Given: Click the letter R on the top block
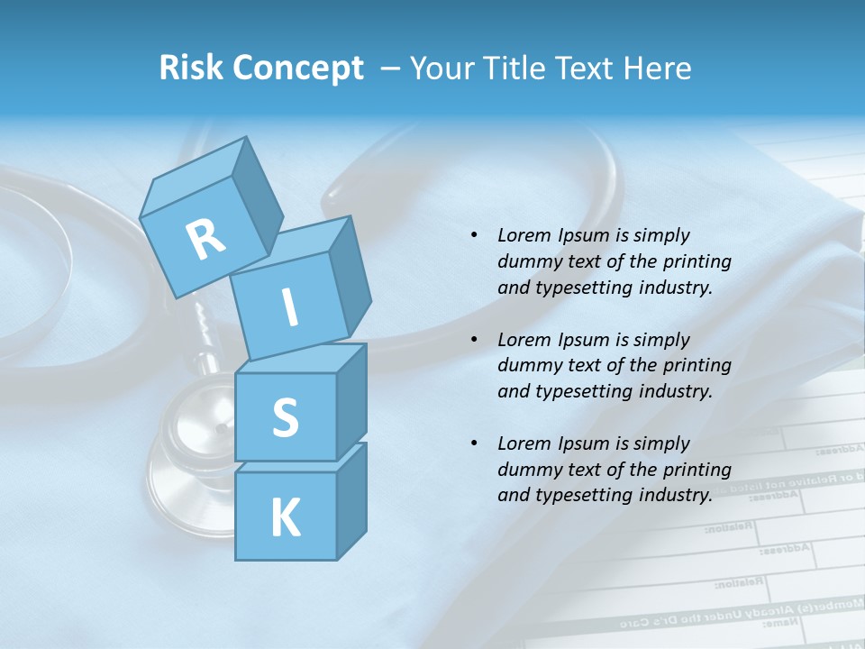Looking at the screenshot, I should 205,240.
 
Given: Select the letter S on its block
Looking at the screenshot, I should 285,418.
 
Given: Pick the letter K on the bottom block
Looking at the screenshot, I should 285,518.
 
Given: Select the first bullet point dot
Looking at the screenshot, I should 474,235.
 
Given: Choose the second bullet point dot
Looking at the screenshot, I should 474,340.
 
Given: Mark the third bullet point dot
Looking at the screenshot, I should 474,443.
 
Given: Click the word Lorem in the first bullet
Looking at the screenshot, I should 523,235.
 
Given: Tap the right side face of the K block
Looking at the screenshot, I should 351,500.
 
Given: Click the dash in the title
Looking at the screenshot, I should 391,69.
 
